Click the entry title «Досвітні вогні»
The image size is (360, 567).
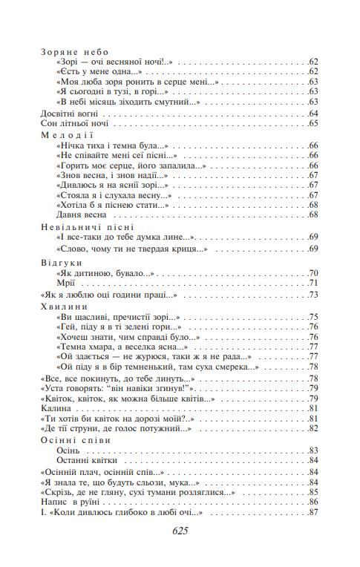pyautogui.click(x=68, y=114)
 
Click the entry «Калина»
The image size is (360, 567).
pyautogui.click(x=55, y=407)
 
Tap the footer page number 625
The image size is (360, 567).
pyautogui.click(x=180, y=531)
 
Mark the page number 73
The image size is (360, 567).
pyautogui.click(x=312, y=295)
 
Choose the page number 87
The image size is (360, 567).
pyautogui.click(x=312, y=513)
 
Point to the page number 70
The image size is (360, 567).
pyautogui.click(x=312, y=273)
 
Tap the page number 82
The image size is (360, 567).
pyautogui.click(x=312, y=428)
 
